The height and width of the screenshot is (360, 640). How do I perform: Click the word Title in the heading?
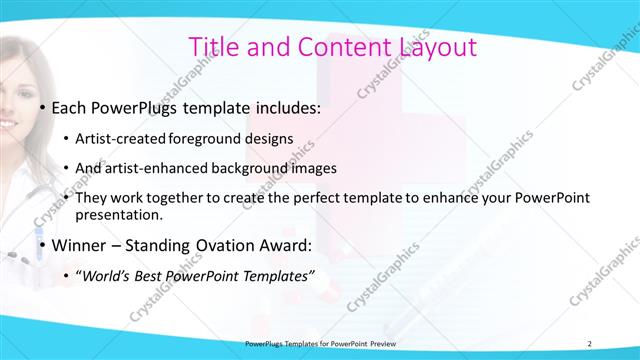coord(214,46)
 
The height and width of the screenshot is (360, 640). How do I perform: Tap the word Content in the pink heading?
coord(327,46)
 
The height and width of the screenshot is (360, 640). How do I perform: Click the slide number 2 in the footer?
coord(590,343)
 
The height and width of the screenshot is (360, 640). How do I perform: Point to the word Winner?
coord(77,245)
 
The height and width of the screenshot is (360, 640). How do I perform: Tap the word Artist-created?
coord(121,138)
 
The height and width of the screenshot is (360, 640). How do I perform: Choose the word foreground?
coord(206,138)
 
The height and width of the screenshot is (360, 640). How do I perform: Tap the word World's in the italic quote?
coord(111,275)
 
